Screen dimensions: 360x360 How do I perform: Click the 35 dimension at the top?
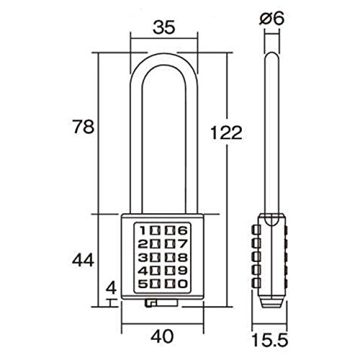click(x=164, y=27)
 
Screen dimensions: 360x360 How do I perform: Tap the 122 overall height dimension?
click(x=226, y=132)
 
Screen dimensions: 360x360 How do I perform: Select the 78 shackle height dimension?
click(x=84, y=127)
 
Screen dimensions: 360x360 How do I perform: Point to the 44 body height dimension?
click(x=83, y=260)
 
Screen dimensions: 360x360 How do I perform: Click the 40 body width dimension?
click(x=162, y=336)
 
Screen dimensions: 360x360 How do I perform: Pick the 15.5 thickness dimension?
click(x=270, y=339)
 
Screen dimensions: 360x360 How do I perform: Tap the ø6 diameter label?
click(x=272, y=18)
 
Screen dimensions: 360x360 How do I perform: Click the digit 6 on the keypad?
click(x=183, y=230)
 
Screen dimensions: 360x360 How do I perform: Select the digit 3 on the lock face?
click(x=143, y=258)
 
